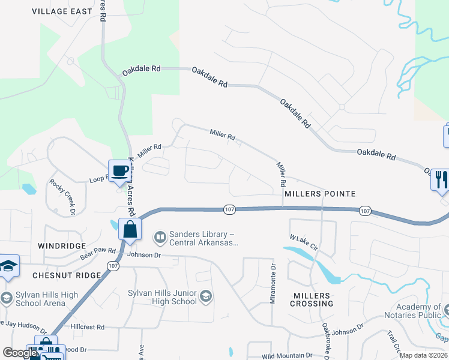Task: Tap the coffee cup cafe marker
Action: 119,171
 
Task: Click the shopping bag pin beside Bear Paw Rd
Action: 130,230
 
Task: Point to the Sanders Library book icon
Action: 160,238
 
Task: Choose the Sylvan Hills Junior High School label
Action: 162,297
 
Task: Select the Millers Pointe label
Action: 320,194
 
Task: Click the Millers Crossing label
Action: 312,299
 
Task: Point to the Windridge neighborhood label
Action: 59,246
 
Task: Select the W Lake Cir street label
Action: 303,245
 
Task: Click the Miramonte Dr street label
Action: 273,284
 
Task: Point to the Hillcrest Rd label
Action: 87,327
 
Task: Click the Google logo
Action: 20,353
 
